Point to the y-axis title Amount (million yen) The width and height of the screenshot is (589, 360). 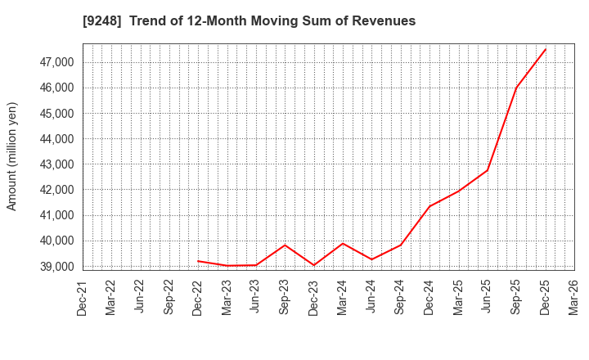pos(12,156)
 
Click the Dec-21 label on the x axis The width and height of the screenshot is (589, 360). pos(83,298)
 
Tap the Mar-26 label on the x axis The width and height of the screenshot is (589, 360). pos(574,298)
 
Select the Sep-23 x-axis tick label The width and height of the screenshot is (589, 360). pos(285,298)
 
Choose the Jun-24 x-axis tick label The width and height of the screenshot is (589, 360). pos(371,298)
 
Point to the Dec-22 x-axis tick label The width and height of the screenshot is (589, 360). pos(198,298)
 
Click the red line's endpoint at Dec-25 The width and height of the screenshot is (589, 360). pos(546,48)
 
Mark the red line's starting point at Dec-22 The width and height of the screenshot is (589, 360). pos(198,261)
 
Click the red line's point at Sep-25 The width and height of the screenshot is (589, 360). pos(516,88)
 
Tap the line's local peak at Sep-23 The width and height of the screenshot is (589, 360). pos(285,245)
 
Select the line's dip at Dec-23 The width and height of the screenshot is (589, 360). pos(314,265)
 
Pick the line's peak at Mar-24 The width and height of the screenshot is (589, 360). pos(343,243)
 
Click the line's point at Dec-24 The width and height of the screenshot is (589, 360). pos(429,206)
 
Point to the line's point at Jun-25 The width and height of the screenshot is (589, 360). pos(488,170)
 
